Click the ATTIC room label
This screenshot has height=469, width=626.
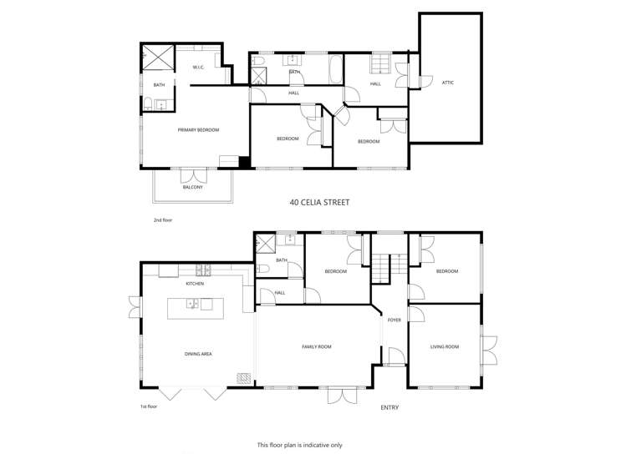[x=449, y=82]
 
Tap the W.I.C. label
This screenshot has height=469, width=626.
[x=199, y=67]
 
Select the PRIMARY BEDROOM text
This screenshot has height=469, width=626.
[x=198, y=129]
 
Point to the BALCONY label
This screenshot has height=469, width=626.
[x=192, y=187]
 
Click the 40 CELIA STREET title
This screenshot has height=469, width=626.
[x=319, y=202]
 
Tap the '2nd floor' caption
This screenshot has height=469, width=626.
[x=162, y=220]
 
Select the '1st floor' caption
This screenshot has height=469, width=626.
[x=150, y=406]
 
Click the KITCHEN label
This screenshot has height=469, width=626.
[x=195, y=284]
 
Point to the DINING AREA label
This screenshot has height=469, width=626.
[x=198, y=354]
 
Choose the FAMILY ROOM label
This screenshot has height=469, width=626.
[x=317, y=346]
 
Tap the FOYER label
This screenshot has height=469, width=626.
[x=394, y=320]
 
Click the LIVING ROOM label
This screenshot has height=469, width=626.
[x=445, y=346]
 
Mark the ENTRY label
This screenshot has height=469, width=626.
[x=389, y=407]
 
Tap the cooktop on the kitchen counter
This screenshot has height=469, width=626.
[x=202, y=270]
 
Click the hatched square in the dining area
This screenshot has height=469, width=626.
[x=244, y=378]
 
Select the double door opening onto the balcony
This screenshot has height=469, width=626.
[x=193, y=176]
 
